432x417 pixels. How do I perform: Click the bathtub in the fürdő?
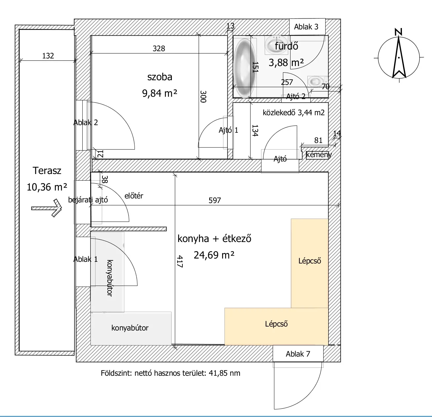click(244, 68)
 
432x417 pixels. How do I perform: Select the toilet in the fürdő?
click(316, 82)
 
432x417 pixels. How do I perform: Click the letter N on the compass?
click(399, 32)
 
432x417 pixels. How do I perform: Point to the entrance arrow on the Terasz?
click(46, 208)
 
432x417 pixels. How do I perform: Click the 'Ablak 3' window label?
click(306, 27)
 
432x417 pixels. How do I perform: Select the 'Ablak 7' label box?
click(298, 354)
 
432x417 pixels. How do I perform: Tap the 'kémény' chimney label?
click(319, 155)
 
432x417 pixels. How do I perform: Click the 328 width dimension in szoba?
click(159, 48)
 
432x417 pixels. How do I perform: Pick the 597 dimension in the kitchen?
click(215, 200)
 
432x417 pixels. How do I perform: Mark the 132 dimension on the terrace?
click(48, 56)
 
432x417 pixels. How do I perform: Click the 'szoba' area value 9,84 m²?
click(160, 93)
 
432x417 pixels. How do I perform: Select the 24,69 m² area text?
click(214, 255)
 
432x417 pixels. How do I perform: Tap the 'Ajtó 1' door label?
click(228, 130)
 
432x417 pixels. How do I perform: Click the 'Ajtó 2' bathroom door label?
click(296, 96)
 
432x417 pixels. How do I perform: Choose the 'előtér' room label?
click(134, 196)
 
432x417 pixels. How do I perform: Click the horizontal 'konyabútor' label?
click(130, 328)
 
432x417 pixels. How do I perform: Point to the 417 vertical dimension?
click(180, 261)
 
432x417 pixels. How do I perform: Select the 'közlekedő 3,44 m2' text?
click(294, 113)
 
